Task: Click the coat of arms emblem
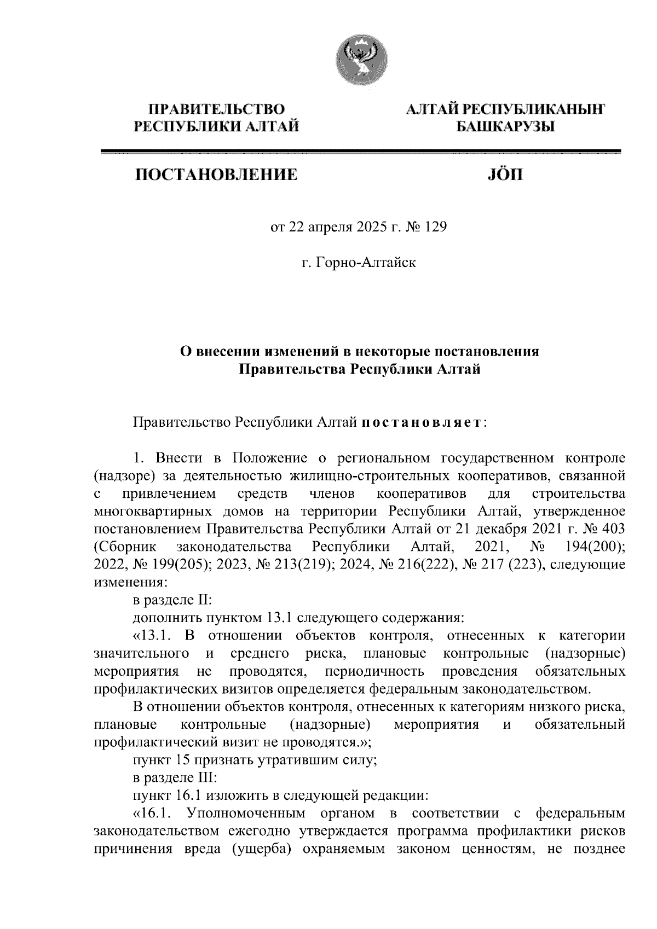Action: click(359, 61)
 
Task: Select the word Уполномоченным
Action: click(245, 814)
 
